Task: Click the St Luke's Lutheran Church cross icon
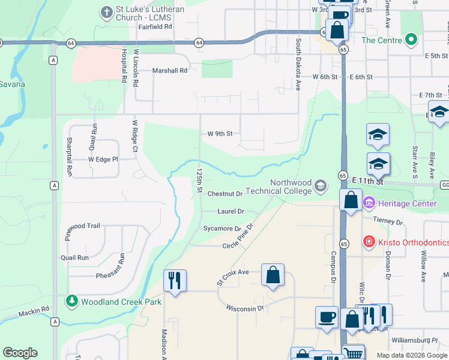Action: tap(107, 11)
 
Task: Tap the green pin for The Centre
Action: tap(411, 40)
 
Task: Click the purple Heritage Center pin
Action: tap(368, 204)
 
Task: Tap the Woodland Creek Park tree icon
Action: tap(71, 301)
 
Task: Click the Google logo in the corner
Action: tap(20, 352)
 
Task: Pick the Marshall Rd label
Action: tap(170, 70)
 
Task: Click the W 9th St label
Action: tap(220, 134)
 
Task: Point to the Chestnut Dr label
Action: tap(224, 194)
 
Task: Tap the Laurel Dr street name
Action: tap(231, 211)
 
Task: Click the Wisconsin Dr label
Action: tap(245, 308)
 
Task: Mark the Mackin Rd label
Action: tap(33, 311)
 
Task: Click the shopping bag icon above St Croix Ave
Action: tap(273, 274)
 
